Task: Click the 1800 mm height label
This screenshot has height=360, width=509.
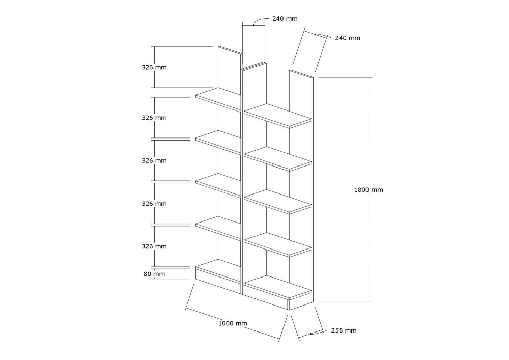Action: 369,190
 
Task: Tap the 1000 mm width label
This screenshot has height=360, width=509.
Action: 233,323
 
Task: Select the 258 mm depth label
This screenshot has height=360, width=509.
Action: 344,330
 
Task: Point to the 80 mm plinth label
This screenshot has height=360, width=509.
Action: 154,274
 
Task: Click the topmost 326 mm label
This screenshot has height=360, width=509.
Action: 154,68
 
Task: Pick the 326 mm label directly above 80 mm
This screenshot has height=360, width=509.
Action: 154,246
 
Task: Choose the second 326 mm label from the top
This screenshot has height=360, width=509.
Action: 154,118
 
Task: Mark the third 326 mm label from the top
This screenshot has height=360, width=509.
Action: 154,161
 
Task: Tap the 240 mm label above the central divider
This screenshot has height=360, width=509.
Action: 285,19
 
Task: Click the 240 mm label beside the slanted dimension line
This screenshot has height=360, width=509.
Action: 348,38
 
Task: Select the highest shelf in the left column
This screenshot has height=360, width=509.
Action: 218,99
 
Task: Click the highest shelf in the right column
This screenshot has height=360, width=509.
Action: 278,116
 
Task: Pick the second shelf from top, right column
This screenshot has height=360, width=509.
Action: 278,159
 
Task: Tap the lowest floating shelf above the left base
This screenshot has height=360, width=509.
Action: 218,228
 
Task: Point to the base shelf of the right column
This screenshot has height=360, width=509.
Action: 278,288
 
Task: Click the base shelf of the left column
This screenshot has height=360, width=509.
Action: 218,271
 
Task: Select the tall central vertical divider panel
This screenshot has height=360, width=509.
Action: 242,182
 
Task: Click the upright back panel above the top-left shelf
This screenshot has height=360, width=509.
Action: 230,71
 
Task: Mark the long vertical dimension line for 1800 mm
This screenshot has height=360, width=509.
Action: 369,190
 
